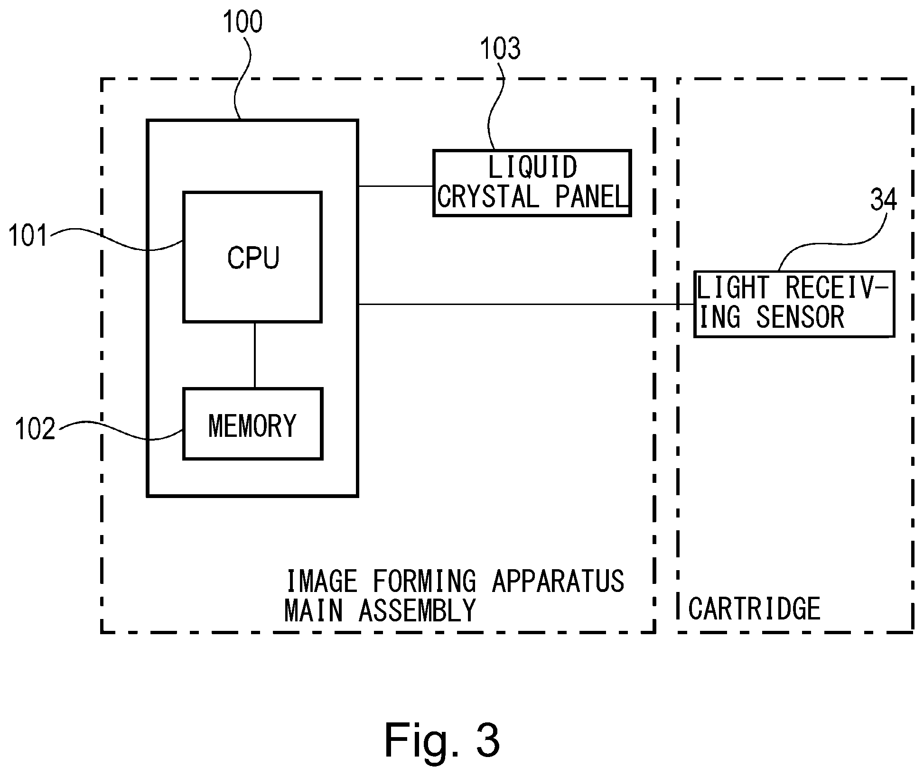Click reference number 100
coord(243,22)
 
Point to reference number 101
coord(28,235)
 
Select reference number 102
coord(35,429)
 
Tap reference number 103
coord(500,48)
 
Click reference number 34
coord(883,200)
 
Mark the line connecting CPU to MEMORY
coord(255,356)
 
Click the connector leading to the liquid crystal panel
coord(396,186)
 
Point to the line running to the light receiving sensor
coord(526,304)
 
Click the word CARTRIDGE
coord(754,609)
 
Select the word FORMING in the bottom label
coord(424,581)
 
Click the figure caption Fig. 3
coord(442,740)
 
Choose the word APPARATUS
coord(558,581)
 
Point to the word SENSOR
coord(800,317)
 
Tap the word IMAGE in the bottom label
coord(321,581)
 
